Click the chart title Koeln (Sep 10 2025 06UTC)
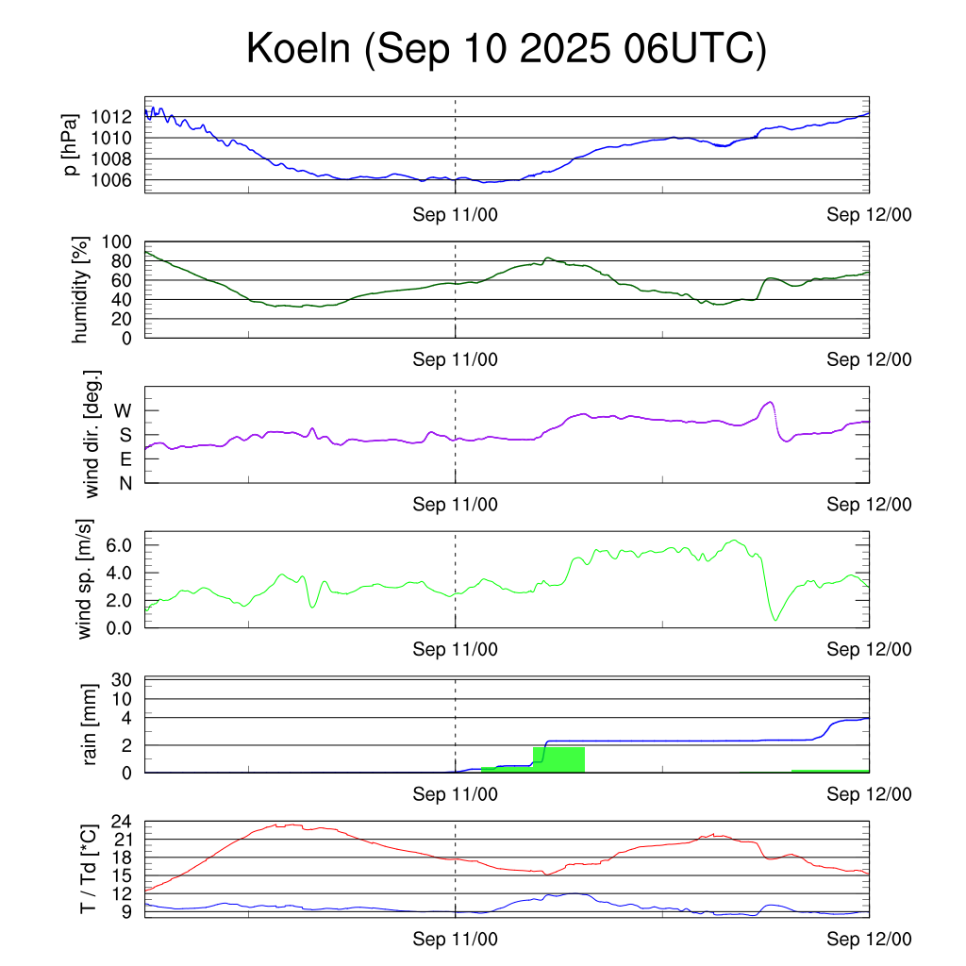[506, 49]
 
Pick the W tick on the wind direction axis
[123, 410]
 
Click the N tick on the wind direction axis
[125, 483]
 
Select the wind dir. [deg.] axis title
[92, 434]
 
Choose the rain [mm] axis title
[92, 724]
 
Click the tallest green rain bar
[558, 759]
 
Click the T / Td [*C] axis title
[88, 868]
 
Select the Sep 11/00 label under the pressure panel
[456, 215]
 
